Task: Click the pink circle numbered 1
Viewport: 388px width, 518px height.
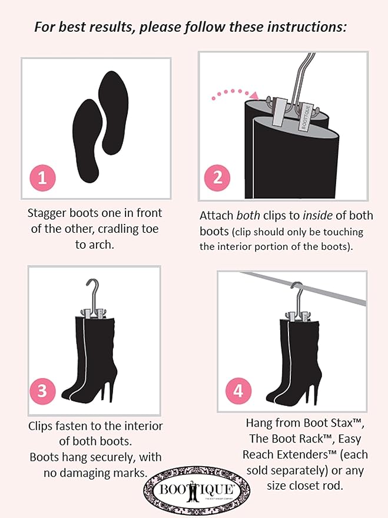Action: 42,177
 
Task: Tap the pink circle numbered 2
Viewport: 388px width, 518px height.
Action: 218,177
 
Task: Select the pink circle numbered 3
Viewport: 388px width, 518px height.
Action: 42,390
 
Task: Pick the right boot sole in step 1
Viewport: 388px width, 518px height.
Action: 114,111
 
